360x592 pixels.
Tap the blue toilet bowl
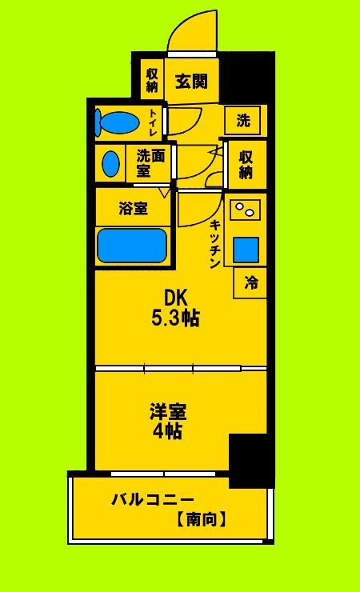tap(118, 122)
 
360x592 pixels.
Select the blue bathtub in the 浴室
tap(132, 246)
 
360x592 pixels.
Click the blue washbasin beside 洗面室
tap(110, 163)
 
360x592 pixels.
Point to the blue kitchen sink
tap(246, 250)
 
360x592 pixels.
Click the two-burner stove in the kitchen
tap(244, 210)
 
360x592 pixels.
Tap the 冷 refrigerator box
tap(251, 282)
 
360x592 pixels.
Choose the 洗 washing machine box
tap(244, 121)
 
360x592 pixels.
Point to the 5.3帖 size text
tap(176, 318)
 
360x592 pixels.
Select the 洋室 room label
tap(168, 412)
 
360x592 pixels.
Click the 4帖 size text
tap(168, 432)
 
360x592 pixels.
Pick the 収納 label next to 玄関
tap(152, 79)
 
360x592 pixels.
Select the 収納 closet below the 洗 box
tap(246, 164)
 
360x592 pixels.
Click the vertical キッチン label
tap(214, 244)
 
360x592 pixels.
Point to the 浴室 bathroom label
tap(133, 209)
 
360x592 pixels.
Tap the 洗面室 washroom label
tap(150, 162)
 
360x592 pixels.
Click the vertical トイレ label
tap(153, 122)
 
